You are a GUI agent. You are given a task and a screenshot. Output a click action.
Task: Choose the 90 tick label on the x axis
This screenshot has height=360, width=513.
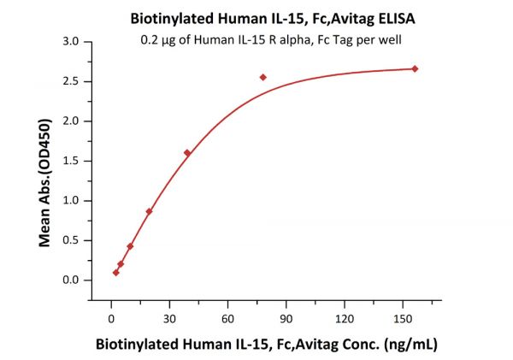click(x=285, y=319)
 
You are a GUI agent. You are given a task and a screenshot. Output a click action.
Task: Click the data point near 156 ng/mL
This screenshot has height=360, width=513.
click(x=415, y=68)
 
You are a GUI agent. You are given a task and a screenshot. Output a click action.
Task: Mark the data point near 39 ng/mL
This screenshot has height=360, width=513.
click(x=187, y=153)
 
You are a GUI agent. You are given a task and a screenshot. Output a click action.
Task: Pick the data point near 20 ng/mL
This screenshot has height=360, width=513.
click(x=149, y=211)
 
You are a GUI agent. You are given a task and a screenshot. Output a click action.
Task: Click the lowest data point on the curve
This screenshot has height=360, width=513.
click(x=115, y=273)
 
